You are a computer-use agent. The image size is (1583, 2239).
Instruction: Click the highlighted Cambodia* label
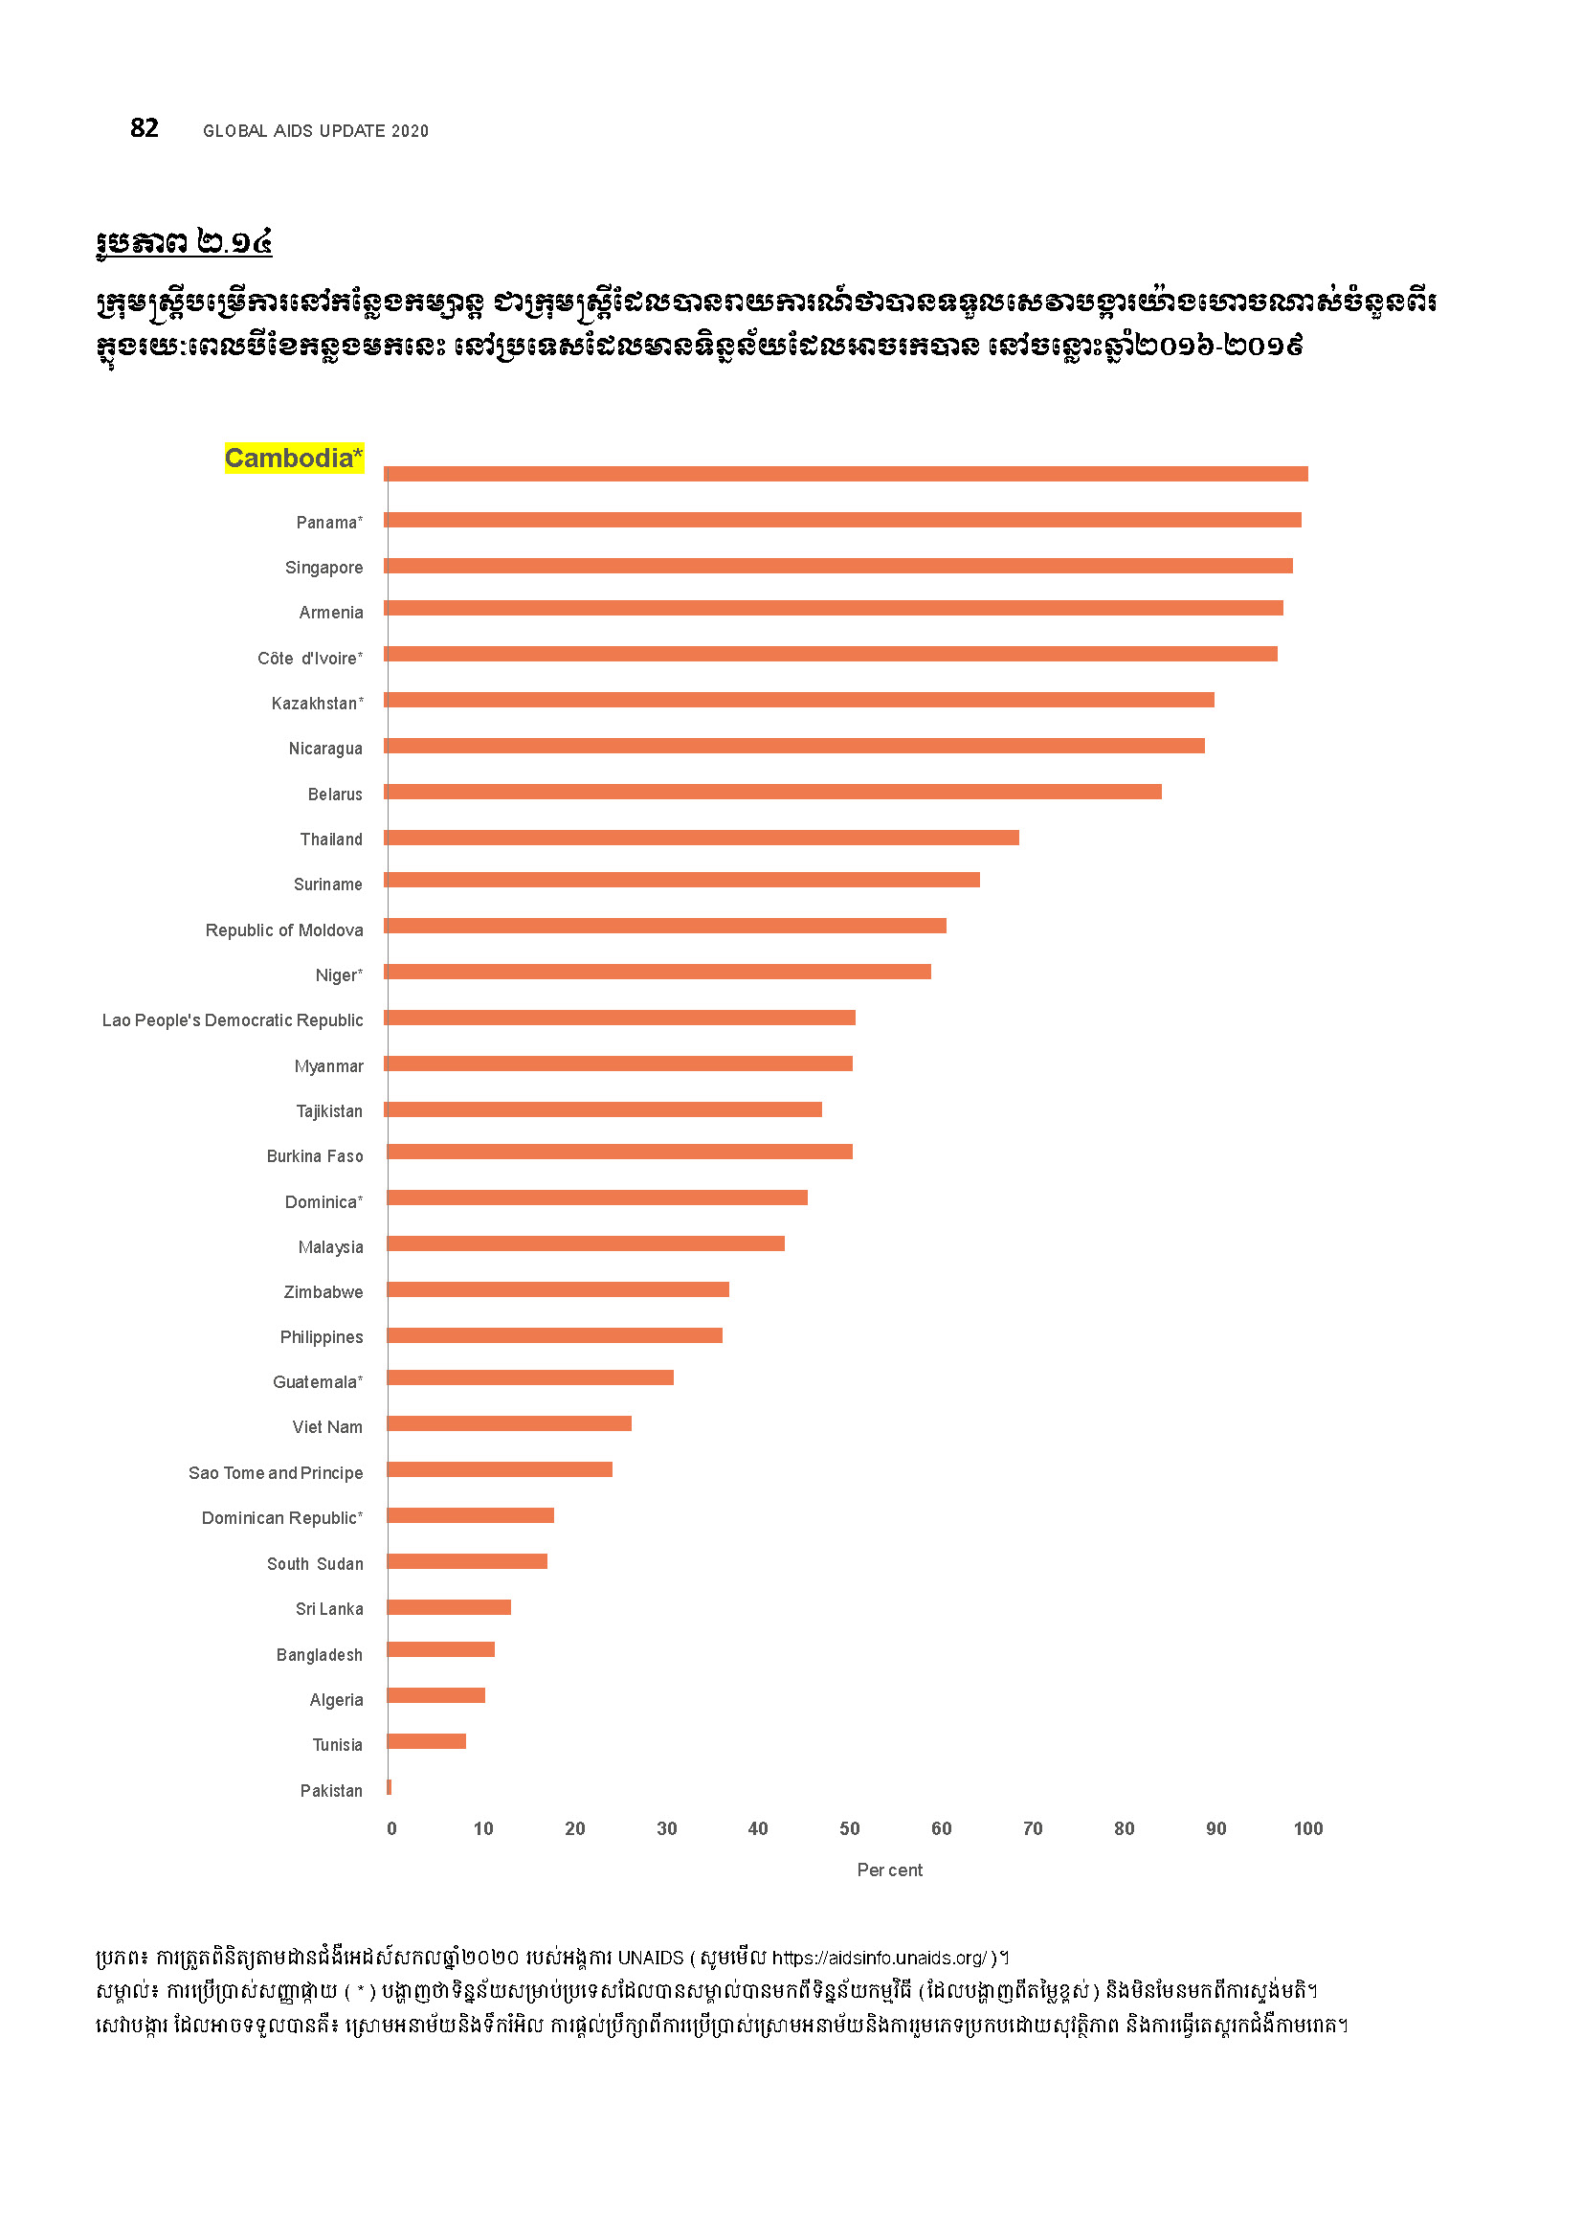(x=294, y=458)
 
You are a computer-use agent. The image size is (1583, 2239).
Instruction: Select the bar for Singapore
(x=838, y=566)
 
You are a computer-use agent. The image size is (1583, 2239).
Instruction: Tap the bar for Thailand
(x=702, y=838)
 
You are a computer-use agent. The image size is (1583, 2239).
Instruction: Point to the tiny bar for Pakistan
(x=389, y=1786)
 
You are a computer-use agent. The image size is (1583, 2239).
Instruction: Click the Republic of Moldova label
(x=283, y=930)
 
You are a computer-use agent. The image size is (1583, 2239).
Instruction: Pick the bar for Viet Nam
(x=509, y=1423)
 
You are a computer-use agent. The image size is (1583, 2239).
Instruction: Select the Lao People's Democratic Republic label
(x=232, y=1020)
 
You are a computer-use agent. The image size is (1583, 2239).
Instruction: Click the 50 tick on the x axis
(x=849, y=1828)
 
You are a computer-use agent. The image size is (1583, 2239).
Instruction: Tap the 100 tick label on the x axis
(x=1307, y=1828)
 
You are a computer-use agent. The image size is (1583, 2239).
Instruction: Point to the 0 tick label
(x=391, y=1828)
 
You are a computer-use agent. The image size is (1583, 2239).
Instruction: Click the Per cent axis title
(x=889, y=1870)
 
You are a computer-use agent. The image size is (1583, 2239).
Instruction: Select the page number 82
(x=145, y=127)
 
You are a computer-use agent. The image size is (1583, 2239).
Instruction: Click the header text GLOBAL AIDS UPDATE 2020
(x=315, y=131)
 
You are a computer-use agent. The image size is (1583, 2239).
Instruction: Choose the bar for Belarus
(x=773, y=792)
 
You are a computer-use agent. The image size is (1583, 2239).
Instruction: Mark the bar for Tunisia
(x=426, y=1740)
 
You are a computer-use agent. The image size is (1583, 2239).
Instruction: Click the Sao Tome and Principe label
(x=275, y=1472)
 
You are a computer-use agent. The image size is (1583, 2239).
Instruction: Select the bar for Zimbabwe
(x=558, y=1289)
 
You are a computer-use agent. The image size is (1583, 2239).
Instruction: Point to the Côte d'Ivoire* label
(x=310, y=659)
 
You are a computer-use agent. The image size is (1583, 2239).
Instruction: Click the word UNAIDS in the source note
(x=650, y=1958)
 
